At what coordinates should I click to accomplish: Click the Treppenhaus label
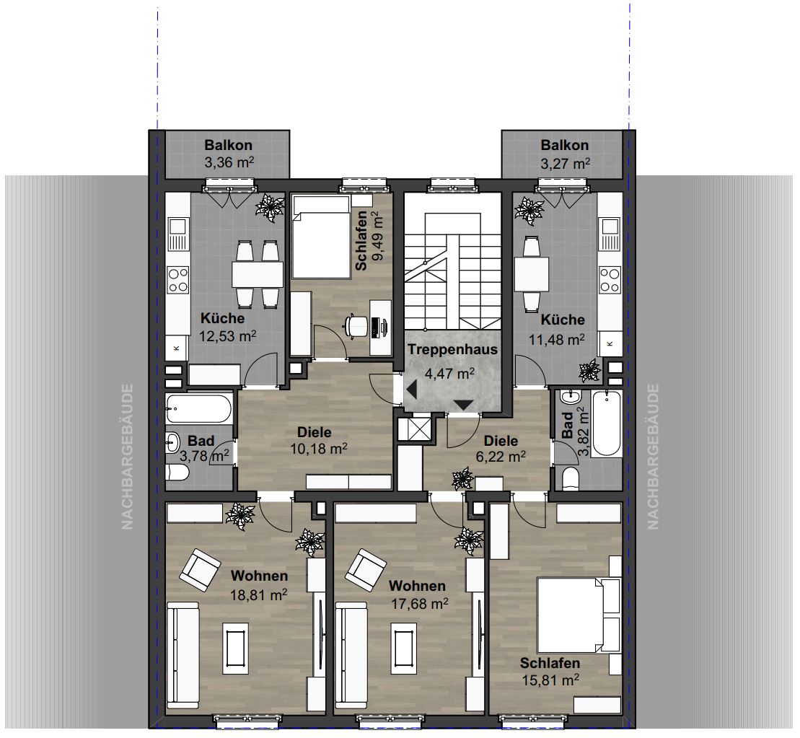[452, 350]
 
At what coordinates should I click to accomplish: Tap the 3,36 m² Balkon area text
[229, 163]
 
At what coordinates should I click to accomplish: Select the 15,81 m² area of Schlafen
[550, 680]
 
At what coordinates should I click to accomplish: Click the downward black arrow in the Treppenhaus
[463, 405]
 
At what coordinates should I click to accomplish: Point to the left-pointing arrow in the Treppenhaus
[411, 390]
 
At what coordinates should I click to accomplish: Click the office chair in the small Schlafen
[356, 325]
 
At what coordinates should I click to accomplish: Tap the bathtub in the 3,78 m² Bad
[198, 409]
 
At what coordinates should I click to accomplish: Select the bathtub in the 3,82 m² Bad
[606, 423]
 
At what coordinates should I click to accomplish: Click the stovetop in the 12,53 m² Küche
[178, 280]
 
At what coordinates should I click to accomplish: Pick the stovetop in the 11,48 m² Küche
[610, 280]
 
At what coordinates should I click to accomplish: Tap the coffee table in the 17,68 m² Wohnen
[407, 648]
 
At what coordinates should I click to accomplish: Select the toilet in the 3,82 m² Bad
[571, 480]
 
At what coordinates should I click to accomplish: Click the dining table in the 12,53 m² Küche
[257, 275]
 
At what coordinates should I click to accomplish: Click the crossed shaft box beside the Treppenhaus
[417, 429]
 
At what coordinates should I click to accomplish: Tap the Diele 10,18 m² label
[318, 441]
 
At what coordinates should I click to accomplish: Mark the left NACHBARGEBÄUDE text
[127, 456]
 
